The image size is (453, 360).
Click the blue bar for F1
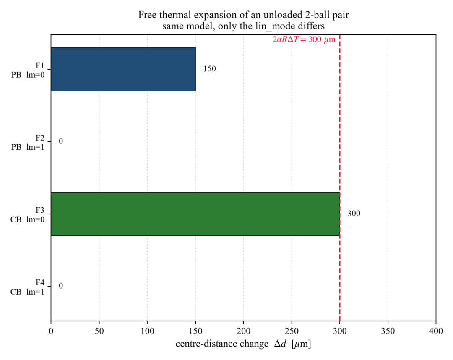pos(123,69)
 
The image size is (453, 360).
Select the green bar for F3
pos(195,214)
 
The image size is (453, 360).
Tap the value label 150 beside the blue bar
pos(209,69)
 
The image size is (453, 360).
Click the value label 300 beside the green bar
pos(354,214)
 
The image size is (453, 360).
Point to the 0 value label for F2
pos(61,141)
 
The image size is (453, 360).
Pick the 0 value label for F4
pos(61,286)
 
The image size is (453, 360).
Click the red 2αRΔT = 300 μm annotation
pos(304,39)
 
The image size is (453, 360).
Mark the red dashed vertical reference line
pos(340,177)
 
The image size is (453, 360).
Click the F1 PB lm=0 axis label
pos(28,70)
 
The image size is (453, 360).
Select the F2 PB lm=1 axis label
pos(28,142)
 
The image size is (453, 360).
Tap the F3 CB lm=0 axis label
pos(27,215)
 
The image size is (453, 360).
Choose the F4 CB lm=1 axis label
pos(27,287)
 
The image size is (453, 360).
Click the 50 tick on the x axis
pos(99,331)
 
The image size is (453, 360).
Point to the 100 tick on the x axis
pos(147,331)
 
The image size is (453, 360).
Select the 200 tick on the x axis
pos(244,331)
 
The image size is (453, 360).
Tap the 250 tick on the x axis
pos(292,331)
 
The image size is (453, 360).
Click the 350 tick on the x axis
pos(388,331)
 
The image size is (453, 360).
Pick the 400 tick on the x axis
pos(436,331)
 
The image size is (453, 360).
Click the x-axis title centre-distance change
pos(222,344)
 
